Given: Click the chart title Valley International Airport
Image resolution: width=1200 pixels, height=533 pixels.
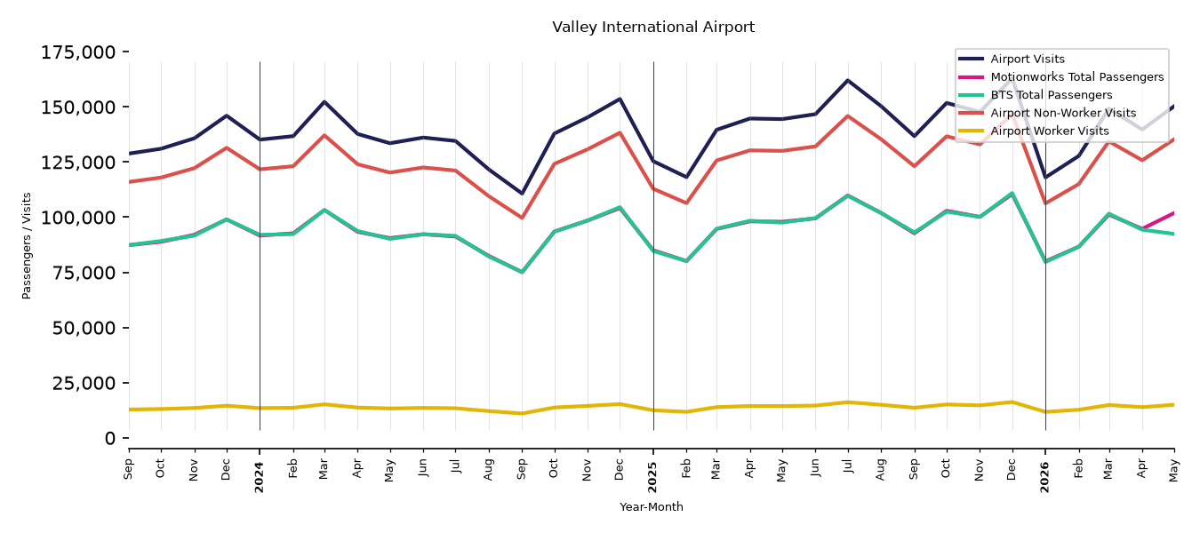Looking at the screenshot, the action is [x=653, y=27].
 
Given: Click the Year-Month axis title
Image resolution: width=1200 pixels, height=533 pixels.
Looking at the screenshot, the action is [x=652, y=506].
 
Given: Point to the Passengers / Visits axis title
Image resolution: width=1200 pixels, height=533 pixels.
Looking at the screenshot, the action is [x=27, y=246].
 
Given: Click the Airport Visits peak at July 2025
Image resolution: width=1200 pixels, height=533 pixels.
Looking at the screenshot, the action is [x=847, y=80].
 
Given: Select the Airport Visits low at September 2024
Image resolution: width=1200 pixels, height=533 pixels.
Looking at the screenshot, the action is [x=522, y=193].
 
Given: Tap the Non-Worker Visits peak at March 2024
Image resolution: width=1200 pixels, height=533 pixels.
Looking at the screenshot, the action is [x=324, y=135].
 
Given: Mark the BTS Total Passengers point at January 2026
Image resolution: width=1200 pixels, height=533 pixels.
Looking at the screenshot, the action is [x=1045, y=262].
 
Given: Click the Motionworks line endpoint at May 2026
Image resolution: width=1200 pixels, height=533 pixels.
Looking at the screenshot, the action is [x=1173, y=213].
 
